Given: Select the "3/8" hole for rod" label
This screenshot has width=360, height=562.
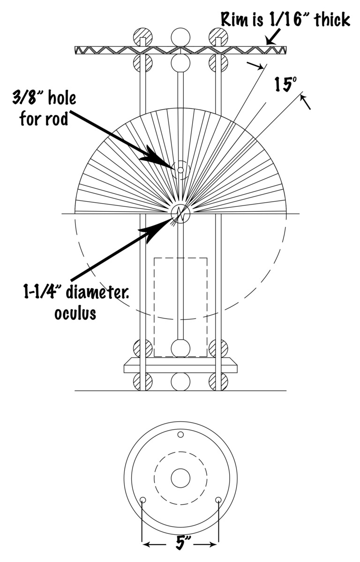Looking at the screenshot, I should coord(48,108).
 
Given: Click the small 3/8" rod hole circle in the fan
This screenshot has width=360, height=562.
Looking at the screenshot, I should coord(180,170).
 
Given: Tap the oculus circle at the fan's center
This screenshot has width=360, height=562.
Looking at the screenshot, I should coord(180,213).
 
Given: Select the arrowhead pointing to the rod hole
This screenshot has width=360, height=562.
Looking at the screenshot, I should coord(157,157).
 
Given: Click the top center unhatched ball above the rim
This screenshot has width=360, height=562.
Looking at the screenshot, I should coord(180,37).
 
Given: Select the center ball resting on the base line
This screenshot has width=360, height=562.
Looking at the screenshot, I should coord(180,382).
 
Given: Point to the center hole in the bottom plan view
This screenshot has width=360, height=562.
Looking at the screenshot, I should coord(180,478).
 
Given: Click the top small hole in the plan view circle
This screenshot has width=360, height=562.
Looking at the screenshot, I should coord(180,435).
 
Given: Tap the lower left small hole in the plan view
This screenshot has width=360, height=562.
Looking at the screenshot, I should coord(143,500).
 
